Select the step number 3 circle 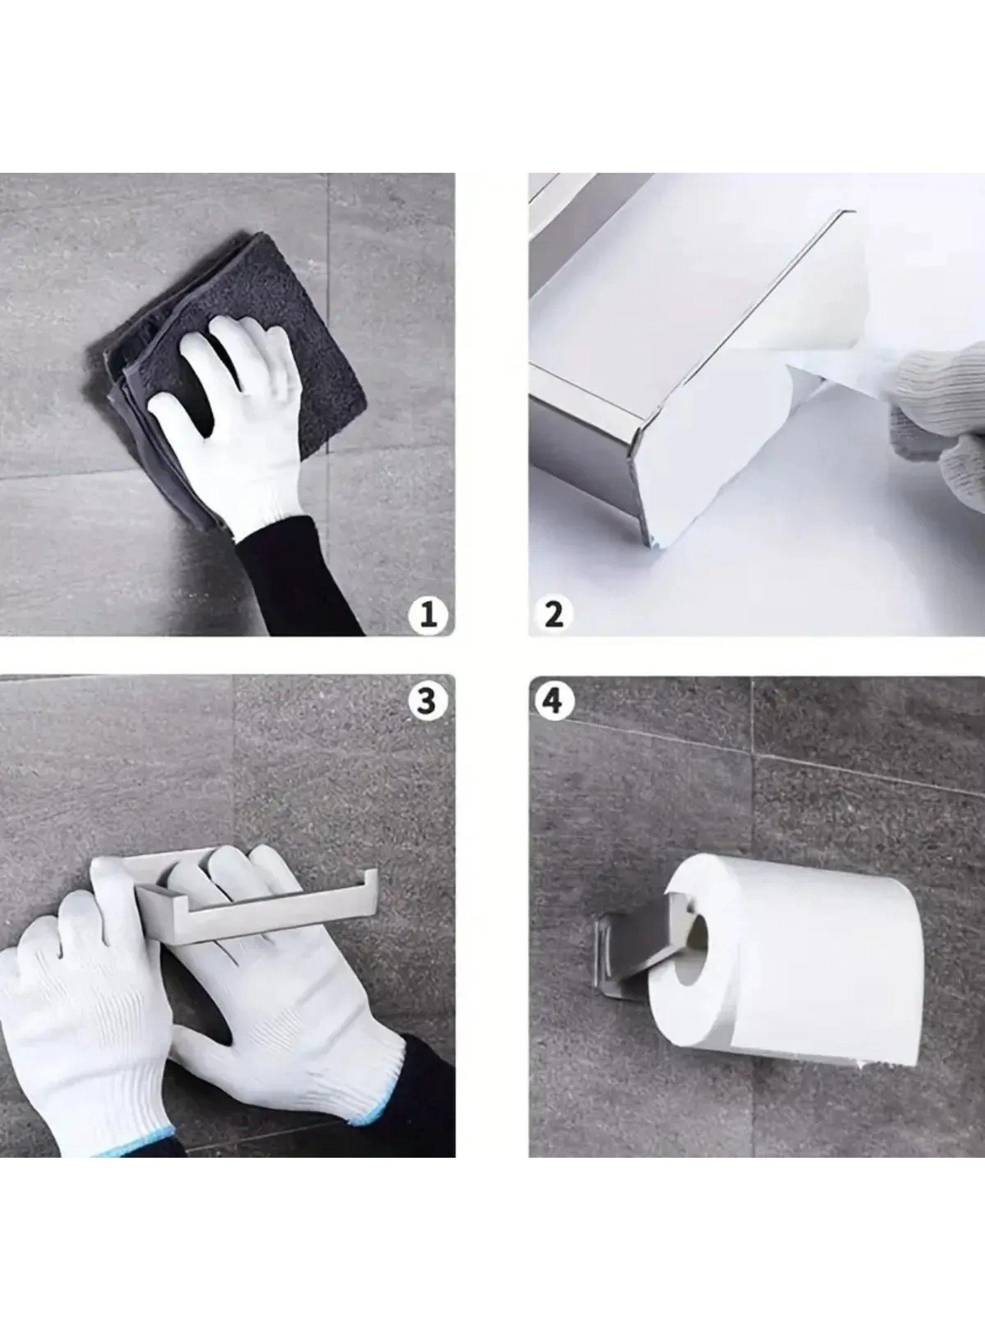(427, 701)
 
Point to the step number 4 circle (554, 701)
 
